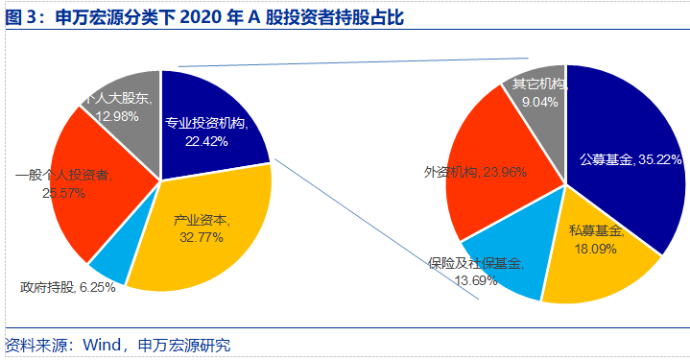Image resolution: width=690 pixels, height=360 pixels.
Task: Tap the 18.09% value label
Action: [594, 248]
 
